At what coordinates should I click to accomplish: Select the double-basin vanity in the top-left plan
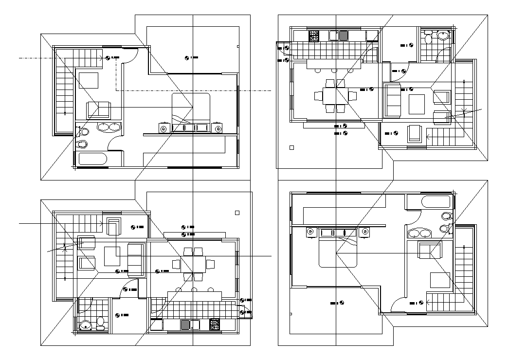[x=109, y=127]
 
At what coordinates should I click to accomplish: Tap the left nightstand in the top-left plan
[x=163, y=128]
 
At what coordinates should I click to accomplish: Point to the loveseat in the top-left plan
[x=98, y=109]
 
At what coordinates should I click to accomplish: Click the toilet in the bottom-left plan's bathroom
[x=101, y=322]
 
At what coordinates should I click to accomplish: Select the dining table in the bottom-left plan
[x=193, y=264]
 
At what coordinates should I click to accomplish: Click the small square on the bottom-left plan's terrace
[x=237, y=213]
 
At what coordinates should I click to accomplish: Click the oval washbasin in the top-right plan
[x=443, y=35]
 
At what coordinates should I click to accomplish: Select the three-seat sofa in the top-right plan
[x=392, y=100]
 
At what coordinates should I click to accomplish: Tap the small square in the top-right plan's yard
[x=291, y=147]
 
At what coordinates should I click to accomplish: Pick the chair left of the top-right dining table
[x=318, y=96]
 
